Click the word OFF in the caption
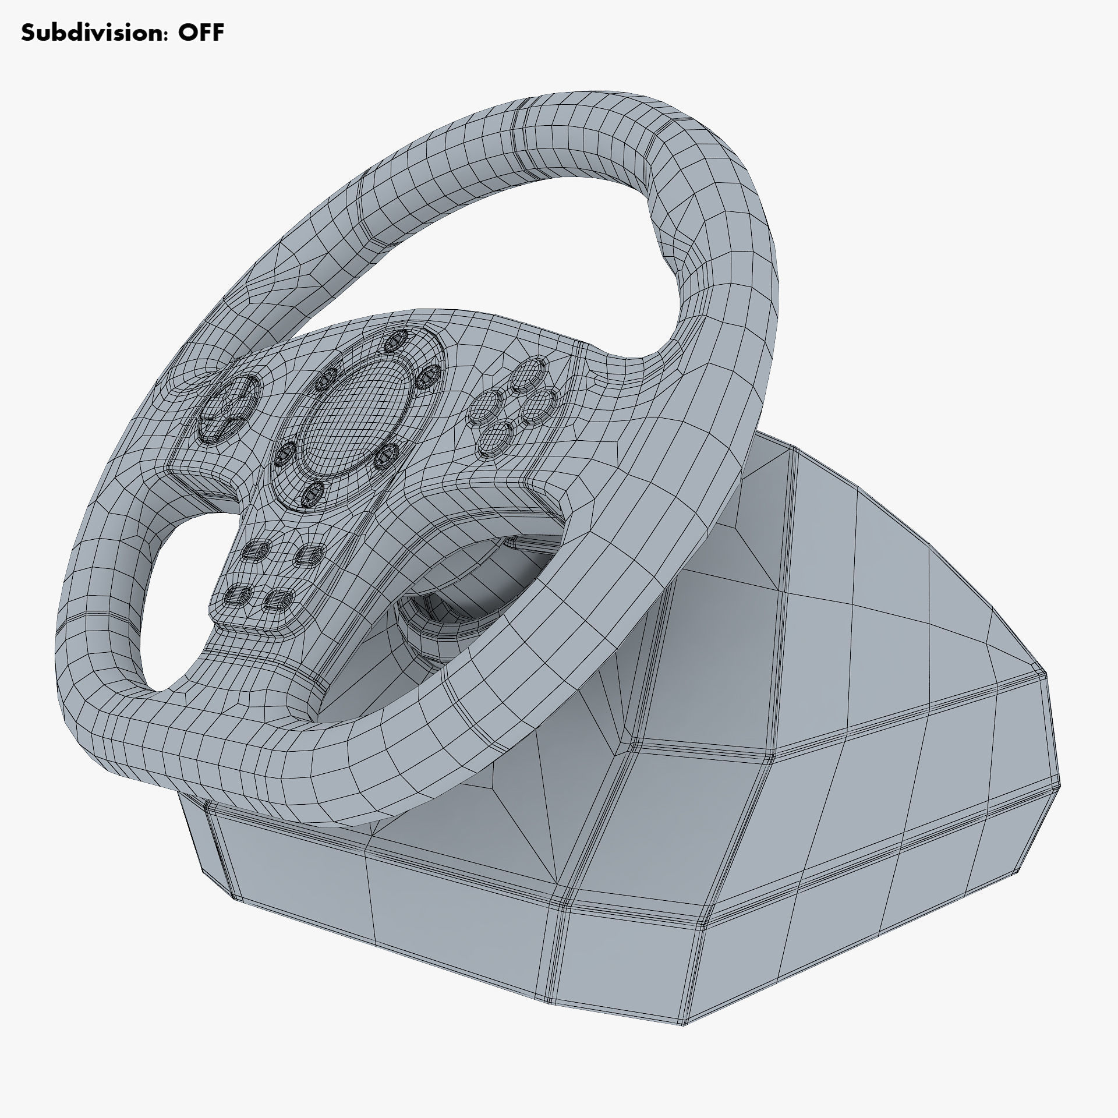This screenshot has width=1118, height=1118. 201,33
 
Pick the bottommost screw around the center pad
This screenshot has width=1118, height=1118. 313,494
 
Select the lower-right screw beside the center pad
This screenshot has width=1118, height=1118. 385,456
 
